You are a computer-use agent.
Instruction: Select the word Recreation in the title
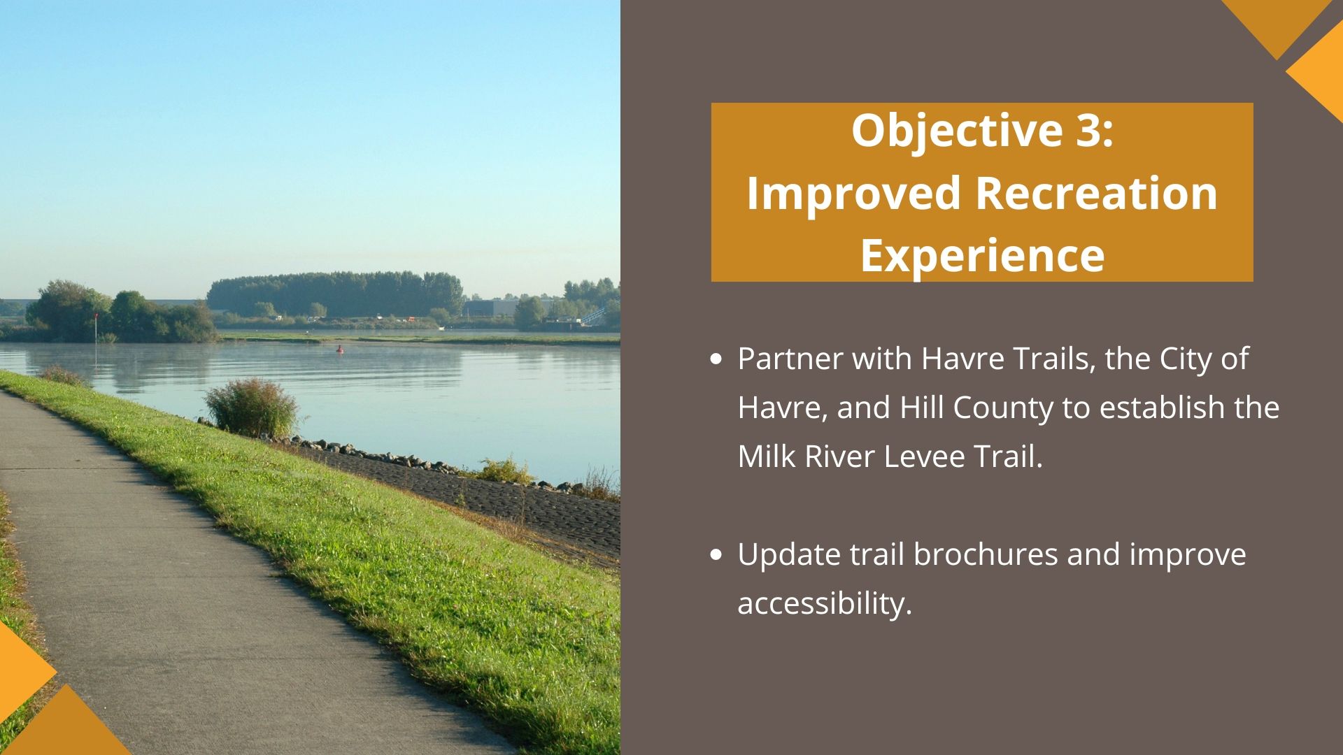tap(1097, 192)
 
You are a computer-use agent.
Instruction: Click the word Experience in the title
tap(982, 256)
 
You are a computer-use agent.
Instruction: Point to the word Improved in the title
tap(853, 194)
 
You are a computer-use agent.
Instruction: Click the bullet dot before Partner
tap(715, 360)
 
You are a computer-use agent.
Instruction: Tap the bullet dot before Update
tap(715, 556)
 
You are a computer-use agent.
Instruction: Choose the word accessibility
tap(825, 603)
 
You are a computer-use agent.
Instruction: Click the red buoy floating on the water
tap(341, 348)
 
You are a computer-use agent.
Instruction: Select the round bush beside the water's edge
tap(252, 408)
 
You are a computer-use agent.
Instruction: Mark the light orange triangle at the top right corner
tap(1315, 72)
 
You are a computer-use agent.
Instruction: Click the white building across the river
tap(494, 308)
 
